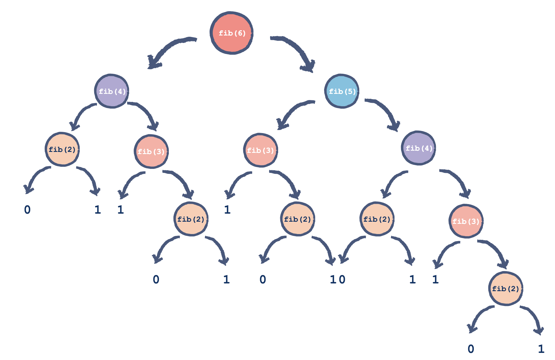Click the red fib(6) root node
point(232,33)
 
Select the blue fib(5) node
point(342,91)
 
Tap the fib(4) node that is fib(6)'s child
point(112,91)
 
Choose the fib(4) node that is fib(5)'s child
point(419,148)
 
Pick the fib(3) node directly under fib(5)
point(261,150)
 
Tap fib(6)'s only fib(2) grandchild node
point(62,150)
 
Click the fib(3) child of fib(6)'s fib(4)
point(151,151)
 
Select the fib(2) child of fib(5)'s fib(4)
point(377,219)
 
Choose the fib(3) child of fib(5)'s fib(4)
point(466,221)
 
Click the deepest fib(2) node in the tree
point(506,289)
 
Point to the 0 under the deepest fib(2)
point(471,349)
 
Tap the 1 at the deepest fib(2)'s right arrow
point(541,349)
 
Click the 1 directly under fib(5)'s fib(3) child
point(227,210)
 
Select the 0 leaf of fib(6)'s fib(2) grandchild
point(27,210)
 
